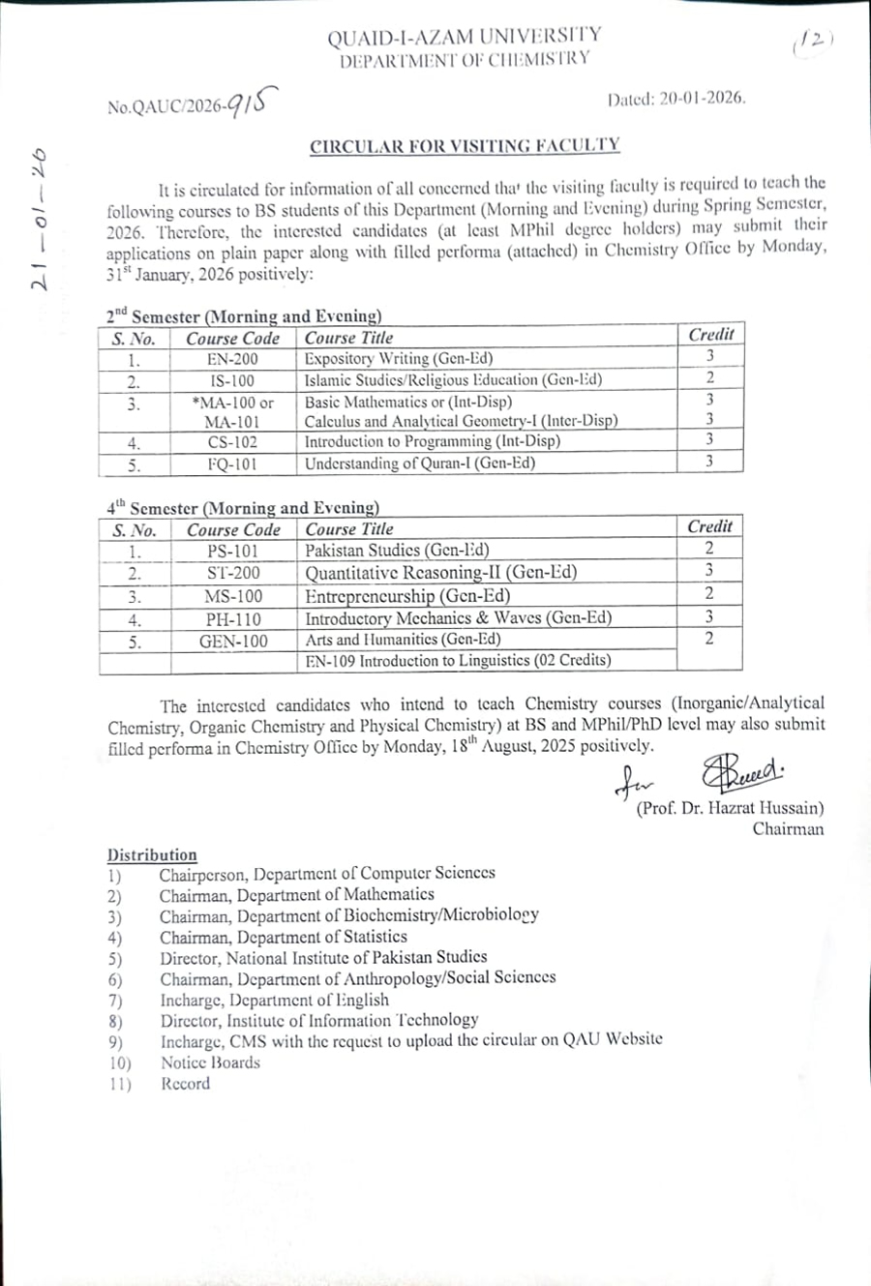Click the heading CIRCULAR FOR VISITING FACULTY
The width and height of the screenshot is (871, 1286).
click(x=465, y=146)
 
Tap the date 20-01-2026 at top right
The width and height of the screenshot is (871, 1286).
click(x=702, y=99)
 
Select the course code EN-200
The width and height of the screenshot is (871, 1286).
click(x=232, y=359)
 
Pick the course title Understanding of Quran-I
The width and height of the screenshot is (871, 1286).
click(x=419, y=464)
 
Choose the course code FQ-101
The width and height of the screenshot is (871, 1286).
click(x=232, y=464)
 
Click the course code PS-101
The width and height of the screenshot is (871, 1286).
click(x=233, y=552)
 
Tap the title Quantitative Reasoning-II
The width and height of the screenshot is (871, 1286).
click(x=441, y=573)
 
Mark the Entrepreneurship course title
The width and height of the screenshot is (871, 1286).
click(x=407, y=596)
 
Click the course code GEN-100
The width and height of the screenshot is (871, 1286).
click(x=233, y=642)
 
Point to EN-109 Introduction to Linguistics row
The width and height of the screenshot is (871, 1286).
click(x=458, y=661)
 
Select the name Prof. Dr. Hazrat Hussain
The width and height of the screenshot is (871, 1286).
click(x=730, y=808)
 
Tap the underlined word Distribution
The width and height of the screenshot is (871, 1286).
click(x=152, y=855)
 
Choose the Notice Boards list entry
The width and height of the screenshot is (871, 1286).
click(x=210, y=1062)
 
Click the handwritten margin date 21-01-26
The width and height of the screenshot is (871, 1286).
click(x=40, y=219)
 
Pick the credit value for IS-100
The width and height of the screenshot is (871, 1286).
click(x=709, y=378)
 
